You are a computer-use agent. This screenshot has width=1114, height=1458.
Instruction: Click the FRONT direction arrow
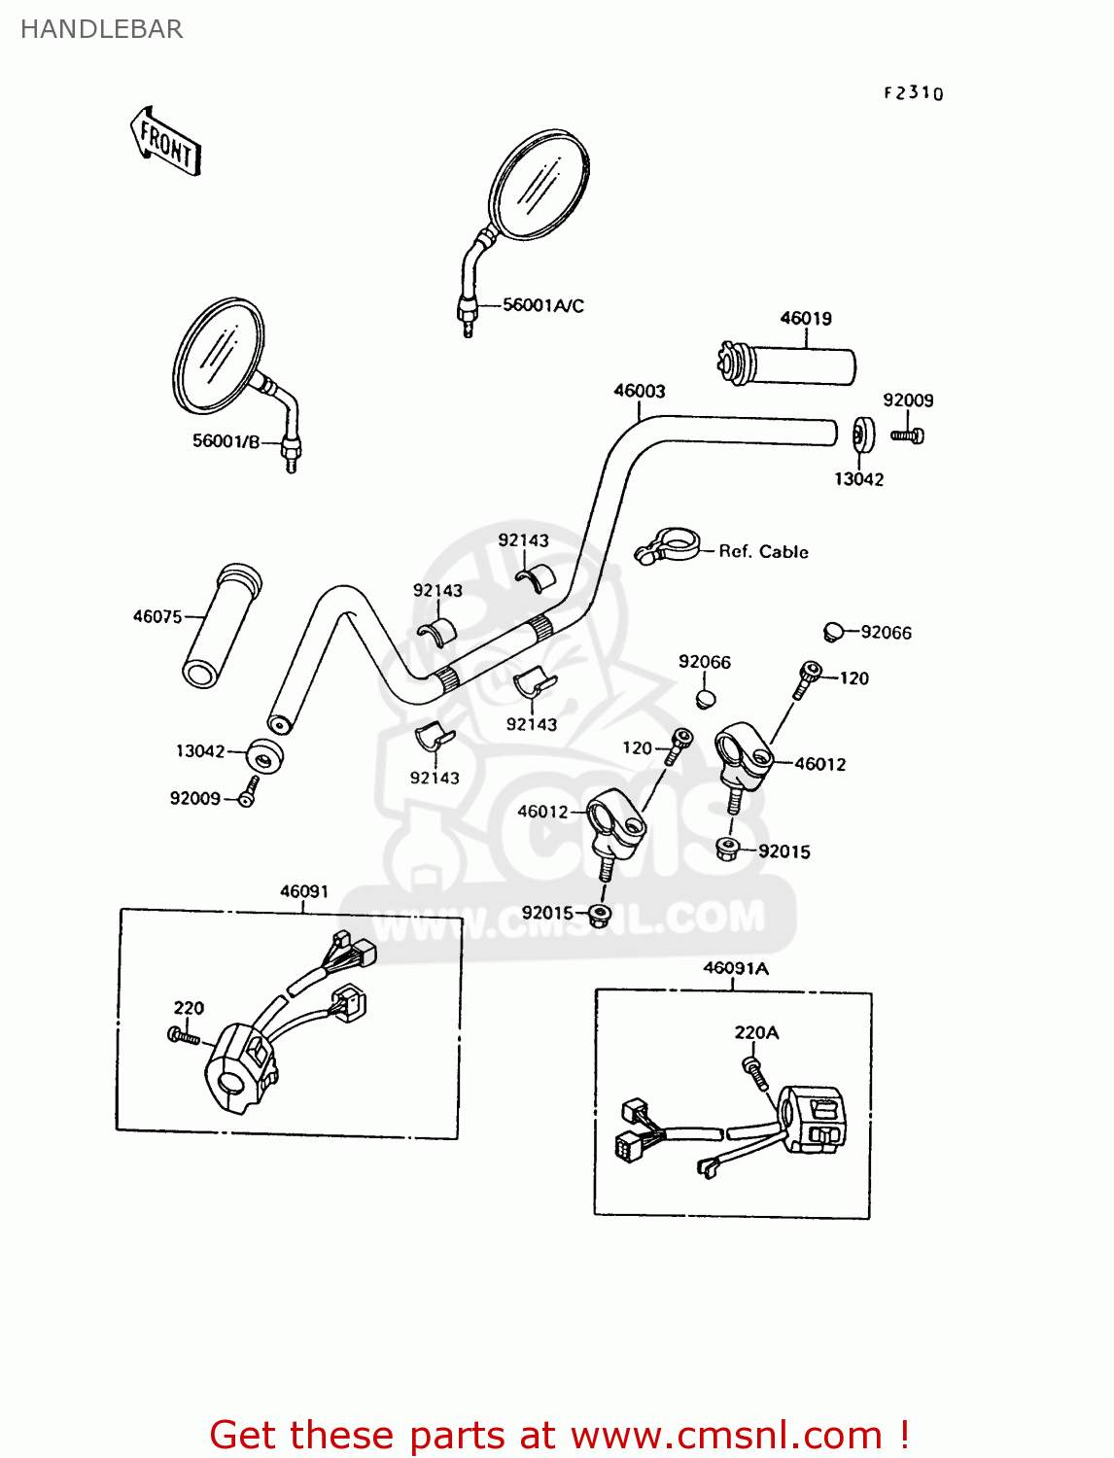165,142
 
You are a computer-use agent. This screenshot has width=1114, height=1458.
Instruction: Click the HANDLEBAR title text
102,29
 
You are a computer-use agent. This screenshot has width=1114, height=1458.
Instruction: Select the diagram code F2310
913,93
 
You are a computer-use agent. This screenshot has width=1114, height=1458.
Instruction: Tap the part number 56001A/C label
543,305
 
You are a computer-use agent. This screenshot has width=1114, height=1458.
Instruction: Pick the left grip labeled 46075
222,625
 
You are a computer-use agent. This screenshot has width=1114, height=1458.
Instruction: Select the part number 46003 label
639,391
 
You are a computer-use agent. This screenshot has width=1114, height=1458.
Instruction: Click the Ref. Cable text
763,551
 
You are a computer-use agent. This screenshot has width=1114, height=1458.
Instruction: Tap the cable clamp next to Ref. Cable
668,545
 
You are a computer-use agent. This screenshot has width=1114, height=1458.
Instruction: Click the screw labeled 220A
754,1072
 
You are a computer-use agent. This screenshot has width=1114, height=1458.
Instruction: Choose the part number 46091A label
735,968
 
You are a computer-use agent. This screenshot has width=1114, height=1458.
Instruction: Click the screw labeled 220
183,1037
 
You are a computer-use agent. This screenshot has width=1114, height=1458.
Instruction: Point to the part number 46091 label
304,891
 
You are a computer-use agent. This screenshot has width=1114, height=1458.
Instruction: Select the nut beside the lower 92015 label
600,914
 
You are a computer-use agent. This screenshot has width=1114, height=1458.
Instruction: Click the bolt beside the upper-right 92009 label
908,436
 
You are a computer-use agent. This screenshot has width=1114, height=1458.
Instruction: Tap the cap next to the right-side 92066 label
832,632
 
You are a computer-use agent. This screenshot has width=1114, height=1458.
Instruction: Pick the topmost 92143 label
523,540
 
